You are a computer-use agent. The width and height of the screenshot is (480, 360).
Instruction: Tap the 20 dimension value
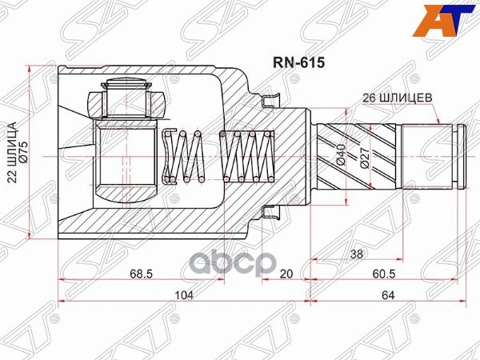[x=286, y=274]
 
